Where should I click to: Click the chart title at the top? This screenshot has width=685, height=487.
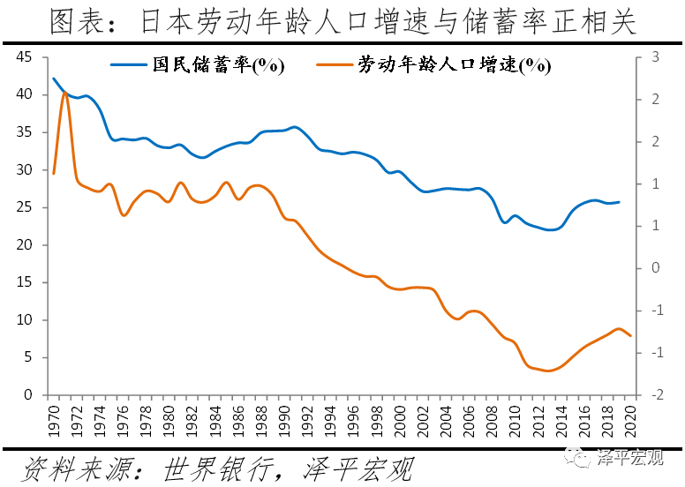(x=342, y=21)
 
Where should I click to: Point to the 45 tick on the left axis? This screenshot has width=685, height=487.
(x=24, y=57)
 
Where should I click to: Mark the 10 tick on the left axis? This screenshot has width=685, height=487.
(x=24, y=320)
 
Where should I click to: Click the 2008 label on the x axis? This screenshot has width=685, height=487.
(x=491, y=420)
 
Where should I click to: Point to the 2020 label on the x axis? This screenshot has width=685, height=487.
(x=630, y=420)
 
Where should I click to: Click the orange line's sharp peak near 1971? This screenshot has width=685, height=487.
(x=64, y=92)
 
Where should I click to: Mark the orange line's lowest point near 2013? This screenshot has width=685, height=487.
(x=548, y=371)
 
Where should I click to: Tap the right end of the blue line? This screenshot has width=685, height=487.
(x=619, y=202)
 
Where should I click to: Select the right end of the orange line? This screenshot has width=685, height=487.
(x=630, y=336)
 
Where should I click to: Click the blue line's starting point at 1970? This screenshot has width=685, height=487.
(x=54, y=79)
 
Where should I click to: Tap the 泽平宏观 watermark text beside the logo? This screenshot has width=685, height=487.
(x=630, y=457)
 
